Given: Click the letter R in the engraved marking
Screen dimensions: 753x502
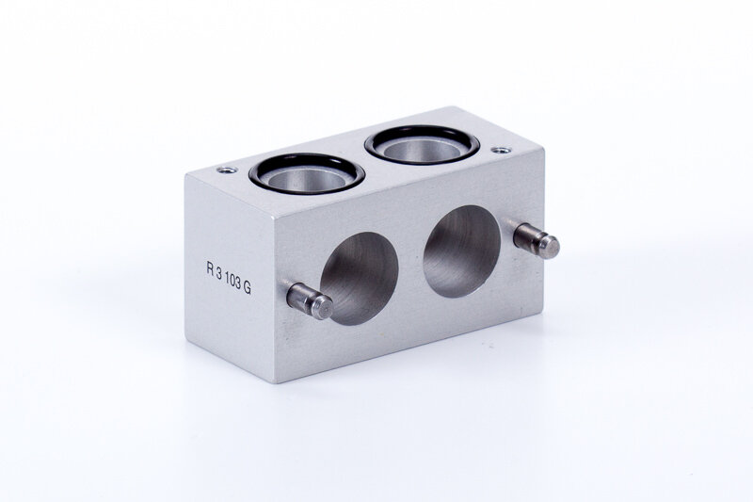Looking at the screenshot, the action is click(210, 268).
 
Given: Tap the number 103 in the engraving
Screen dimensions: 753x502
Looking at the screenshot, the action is click(232, 282).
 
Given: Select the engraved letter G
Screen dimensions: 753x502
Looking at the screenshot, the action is click(247, 289).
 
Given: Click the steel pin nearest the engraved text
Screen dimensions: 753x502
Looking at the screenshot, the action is click(310, 300).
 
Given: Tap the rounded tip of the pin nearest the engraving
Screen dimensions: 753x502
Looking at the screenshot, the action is click(324, 307).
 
